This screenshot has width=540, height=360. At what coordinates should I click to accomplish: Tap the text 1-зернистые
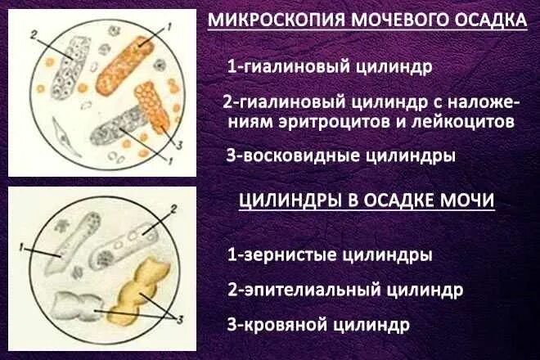click(281, 255)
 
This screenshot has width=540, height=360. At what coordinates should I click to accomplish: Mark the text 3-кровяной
click(277, 324)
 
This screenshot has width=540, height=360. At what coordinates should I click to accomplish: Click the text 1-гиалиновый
click(286, 65)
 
